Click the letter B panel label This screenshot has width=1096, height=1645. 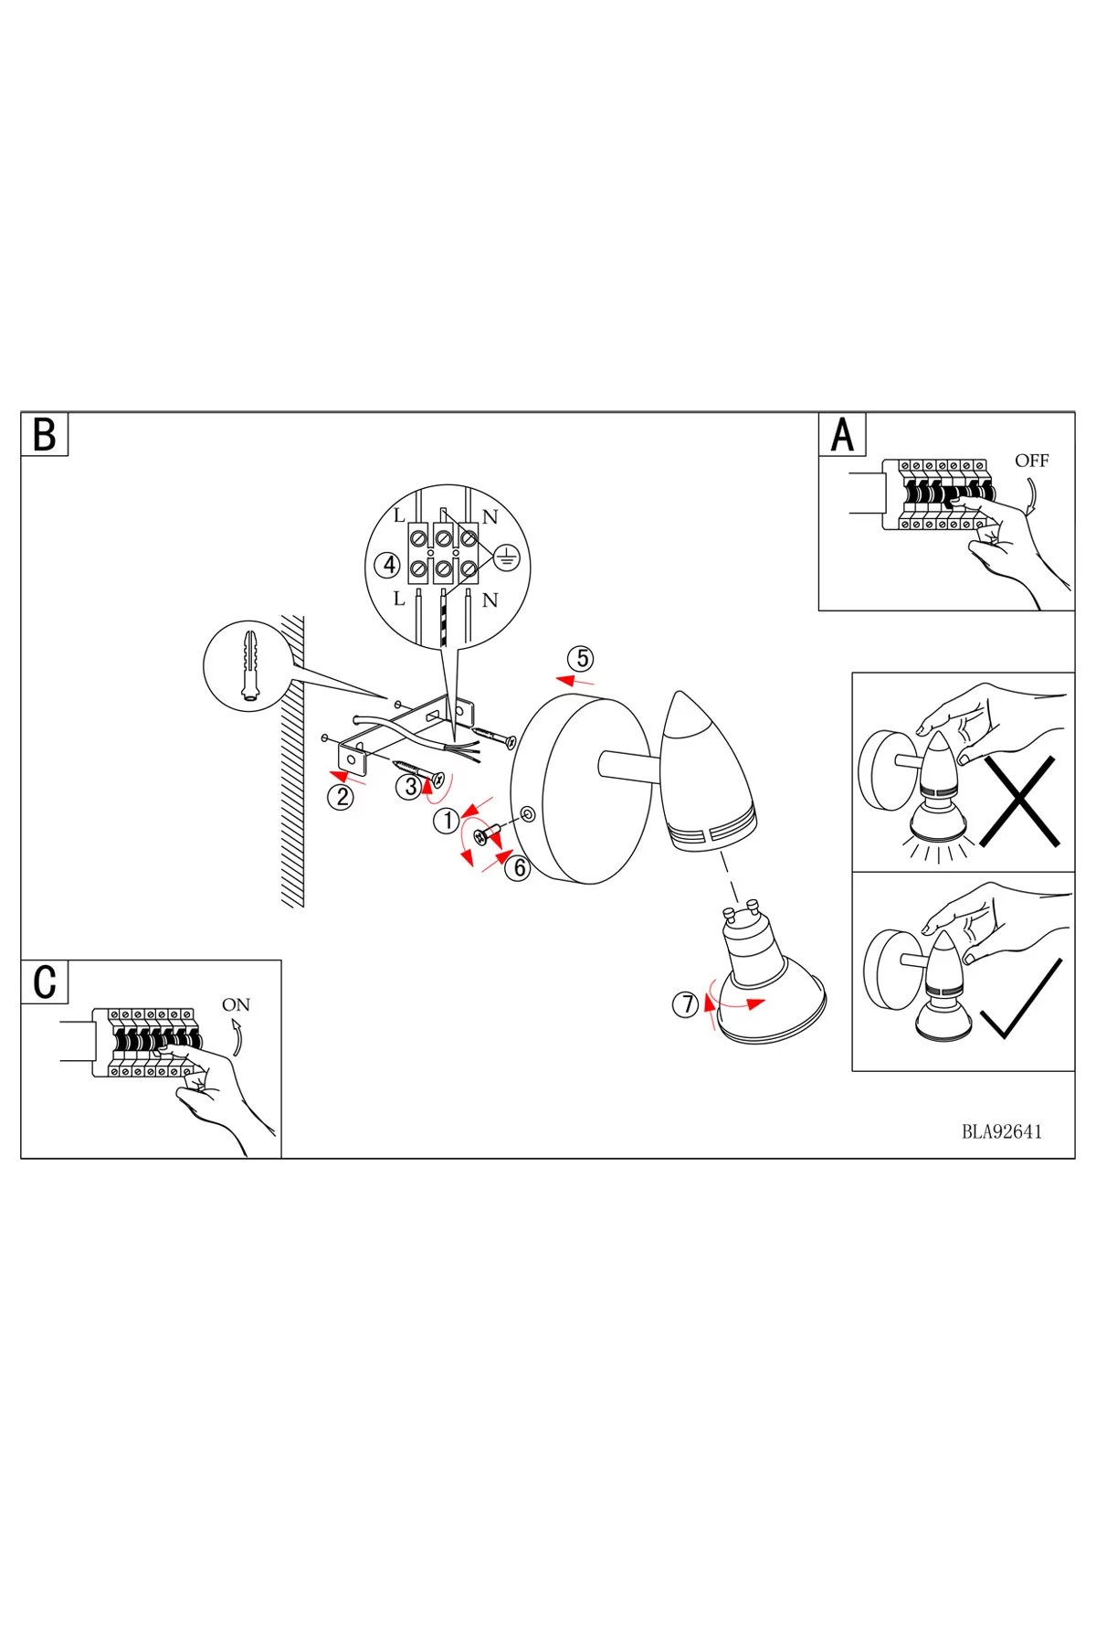pos(44,434)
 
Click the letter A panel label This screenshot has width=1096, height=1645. pos(842,434)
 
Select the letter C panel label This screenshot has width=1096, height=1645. pos(44,982)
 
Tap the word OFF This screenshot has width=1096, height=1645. pos(1031,461)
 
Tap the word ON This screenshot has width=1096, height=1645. pos(236,1004)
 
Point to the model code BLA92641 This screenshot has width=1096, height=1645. pos(1001,1131)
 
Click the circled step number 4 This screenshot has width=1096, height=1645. pos(389,565)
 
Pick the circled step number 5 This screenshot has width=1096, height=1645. pos(580,658)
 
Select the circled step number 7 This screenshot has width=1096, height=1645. pos(685,1004)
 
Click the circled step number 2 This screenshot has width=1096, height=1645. pos(342,797)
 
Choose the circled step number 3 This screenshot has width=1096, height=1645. pos(410,785)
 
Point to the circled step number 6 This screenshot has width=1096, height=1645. pos(518,867)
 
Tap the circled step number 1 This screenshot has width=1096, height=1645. pos(448,821)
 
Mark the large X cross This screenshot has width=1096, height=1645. pos(1020,801)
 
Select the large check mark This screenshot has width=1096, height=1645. pos(1020,1001)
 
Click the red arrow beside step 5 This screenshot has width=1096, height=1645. pos(575,680)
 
